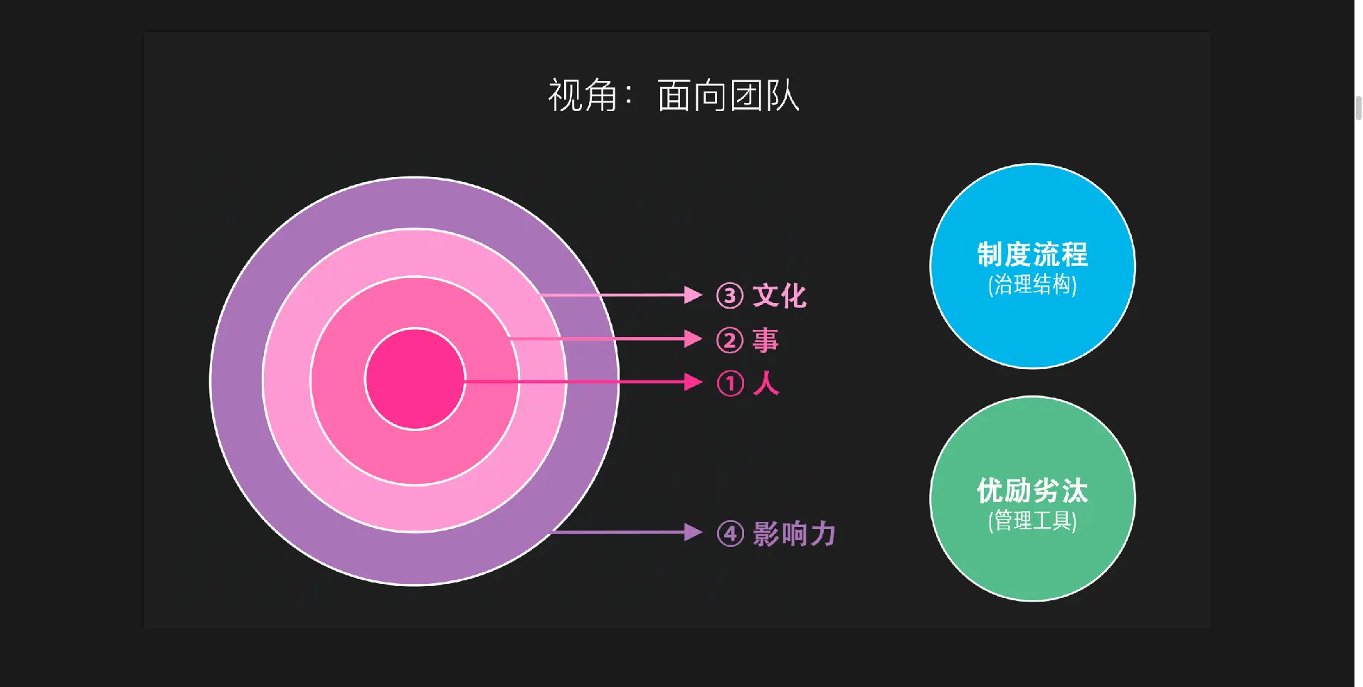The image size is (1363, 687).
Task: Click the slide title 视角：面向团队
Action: coord(673,95)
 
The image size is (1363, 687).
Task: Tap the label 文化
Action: coord(780,296)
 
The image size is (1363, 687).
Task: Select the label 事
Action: coord(765,340)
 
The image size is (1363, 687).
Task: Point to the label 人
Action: coord(765,383)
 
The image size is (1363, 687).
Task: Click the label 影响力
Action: coord(794,533)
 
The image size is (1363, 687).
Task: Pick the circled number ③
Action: coord(730,296)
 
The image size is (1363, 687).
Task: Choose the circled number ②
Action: coord(730,341)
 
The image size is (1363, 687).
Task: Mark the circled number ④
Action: coord(730,533)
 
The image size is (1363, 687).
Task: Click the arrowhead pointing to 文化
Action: coord(692,294)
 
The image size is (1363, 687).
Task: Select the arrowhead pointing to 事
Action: coord(692,339)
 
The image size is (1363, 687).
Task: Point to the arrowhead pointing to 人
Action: coord(692,382)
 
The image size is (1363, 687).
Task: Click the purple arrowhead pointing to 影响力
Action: coord(692,532)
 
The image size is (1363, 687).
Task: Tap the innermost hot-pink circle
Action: coord(415,379)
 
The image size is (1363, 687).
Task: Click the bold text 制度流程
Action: coord(1032,254)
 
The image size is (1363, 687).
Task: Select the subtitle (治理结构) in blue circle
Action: coord(1032,284)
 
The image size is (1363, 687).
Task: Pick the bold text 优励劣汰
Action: coord(1032,491)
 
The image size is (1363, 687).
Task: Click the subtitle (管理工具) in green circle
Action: coord(1032,521)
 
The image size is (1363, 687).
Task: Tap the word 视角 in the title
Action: coord(582,95)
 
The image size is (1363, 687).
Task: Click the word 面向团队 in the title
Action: coord(728,95)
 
